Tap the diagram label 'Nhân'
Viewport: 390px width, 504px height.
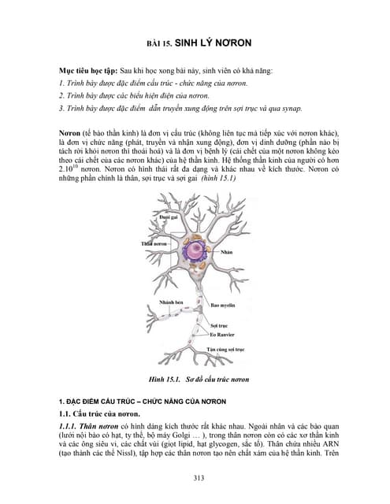point(227,252)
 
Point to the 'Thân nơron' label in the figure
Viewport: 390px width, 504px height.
point(154,243)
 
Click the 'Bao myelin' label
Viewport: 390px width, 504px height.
point(222,305)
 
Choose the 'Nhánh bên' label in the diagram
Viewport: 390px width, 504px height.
point(171,302)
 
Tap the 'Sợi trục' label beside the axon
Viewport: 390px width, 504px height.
point(221,324)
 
